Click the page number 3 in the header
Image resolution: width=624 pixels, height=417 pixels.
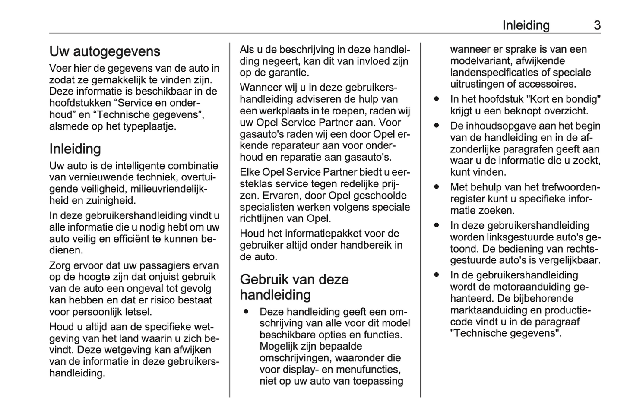point(597,25)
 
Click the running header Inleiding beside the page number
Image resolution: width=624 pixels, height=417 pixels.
point(526,25)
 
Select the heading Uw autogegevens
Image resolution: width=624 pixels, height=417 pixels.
point(105,51)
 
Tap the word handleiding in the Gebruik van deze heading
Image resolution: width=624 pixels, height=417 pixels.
point(275,295)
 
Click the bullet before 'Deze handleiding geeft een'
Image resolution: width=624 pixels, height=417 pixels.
point(246,311)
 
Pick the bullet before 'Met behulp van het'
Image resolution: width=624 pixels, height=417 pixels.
point(437,187)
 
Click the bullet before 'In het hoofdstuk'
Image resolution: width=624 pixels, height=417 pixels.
point(437,99)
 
